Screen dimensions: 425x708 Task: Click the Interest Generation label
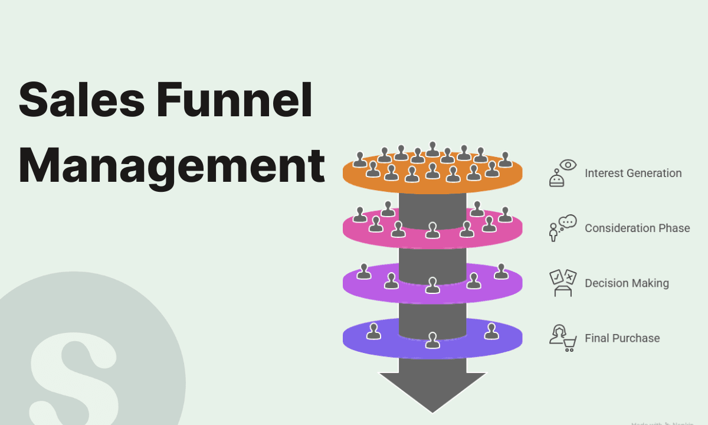coord(633,174)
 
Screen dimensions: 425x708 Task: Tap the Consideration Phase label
coord(637,228)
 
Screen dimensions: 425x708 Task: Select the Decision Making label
coord(627,283)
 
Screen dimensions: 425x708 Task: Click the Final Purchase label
coord(622,338)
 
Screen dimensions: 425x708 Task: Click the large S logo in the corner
coord(74,372)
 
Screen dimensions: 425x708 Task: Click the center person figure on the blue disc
coord(433,340)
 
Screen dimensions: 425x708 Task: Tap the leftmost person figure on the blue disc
coord(373,331)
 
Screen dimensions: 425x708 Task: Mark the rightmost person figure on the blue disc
coord(491,331)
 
